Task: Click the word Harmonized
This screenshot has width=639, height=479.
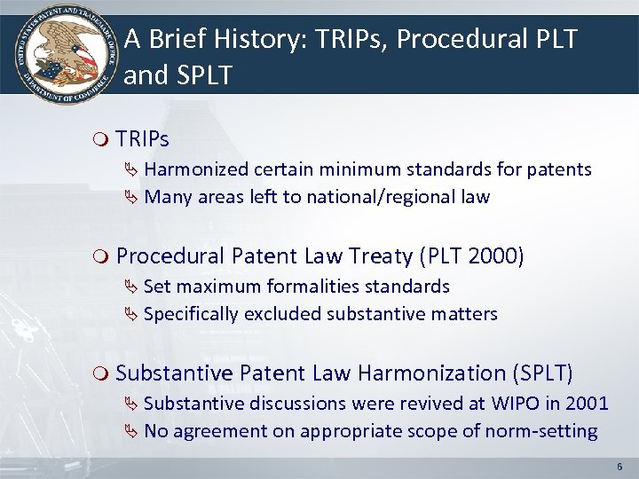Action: (x=196, y=169)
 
